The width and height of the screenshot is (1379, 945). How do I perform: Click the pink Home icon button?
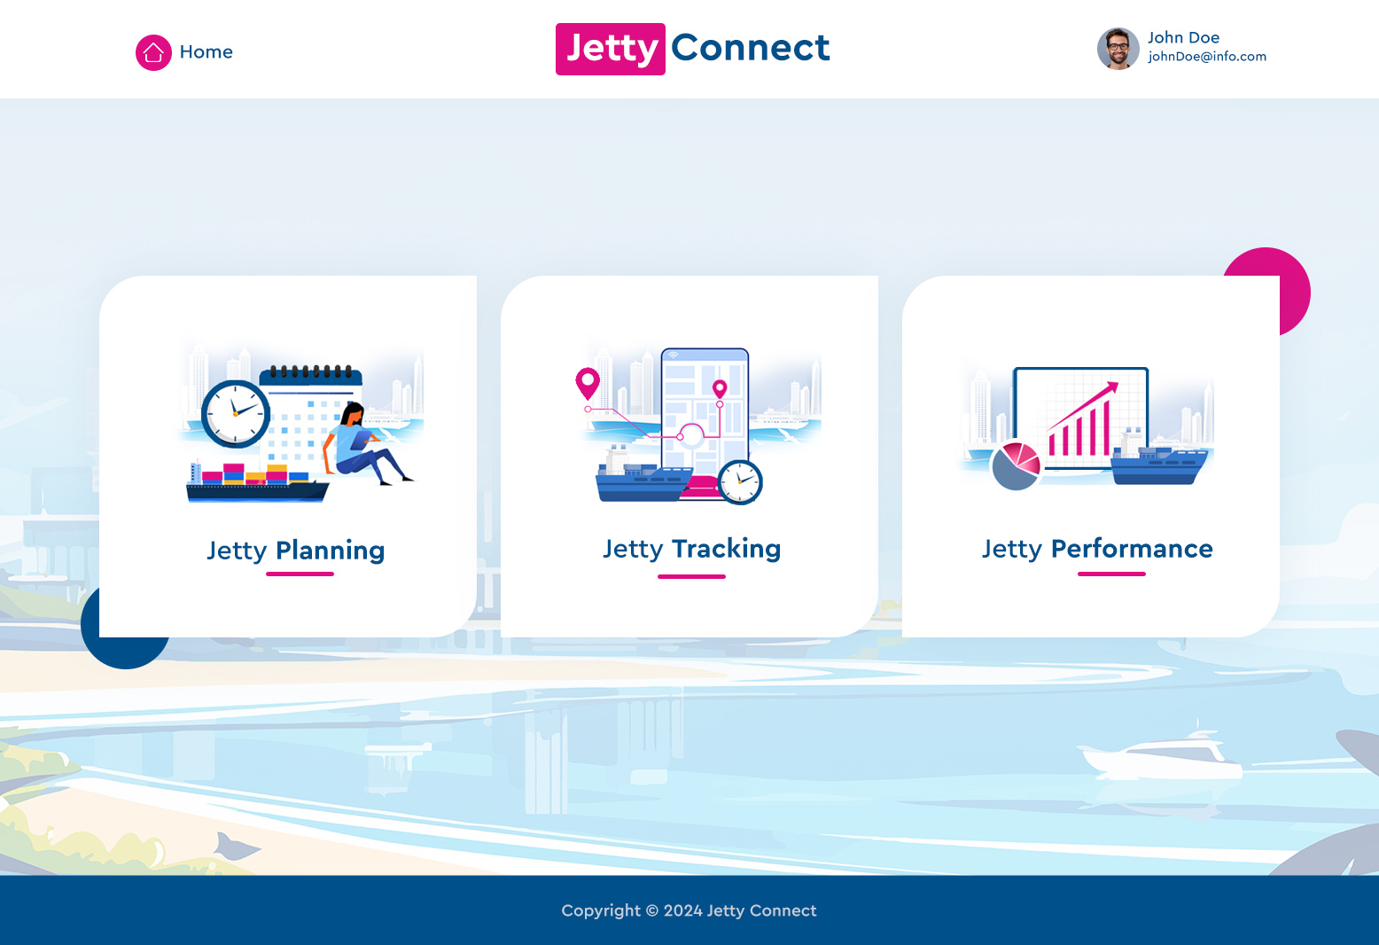coord(153,52)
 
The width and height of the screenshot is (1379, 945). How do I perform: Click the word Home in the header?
coord(206,51)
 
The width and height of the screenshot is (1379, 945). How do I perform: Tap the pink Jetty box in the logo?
coord(610,50)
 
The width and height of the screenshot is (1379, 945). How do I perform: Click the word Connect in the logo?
coord(751,48)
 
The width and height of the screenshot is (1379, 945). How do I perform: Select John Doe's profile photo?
coord(1118,49)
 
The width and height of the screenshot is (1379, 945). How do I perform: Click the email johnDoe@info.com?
coord(1207,57)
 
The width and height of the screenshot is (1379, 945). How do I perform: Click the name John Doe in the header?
coord(1183,37)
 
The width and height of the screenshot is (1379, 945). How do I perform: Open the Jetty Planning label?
coord(296,551)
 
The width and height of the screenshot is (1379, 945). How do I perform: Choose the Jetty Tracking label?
coord(692,549)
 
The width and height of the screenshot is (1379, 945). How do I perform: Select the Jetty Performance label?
coord(1097,549)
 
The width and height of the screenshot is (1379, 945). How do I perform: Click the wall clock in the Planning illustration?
coord(236,414)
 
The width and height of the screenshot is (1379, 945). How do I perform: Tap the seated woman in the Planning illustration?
coord(367,444)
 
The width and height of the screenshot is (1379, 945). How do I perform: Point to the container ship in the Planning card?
coord(257,482)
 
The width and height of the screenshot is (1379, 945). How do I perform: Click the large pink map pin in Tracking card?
coord(588,383)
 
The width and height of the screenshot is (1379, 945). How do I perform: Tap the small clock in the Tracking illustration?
coord(740,482)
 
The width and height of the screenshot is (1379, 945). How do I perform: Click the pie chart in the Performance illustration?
coord(1016,465)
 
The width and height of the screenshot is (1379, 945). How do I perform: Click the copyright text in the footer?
coord(689,910)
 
